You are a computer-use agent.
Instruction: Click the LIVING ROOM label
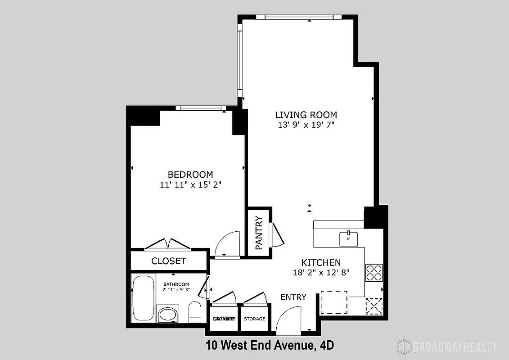click(x=306, y=115)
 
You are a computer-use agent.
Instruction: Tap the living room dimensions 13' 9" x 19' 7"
click(x=306, y=125)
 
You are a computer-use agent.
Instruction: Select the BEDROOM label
click(x=190, y=174)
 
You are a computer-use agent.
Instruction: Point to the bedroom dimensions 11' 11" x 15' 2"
click(x=190, y=184)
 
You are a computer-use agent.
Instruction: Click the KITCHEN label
click(x=321, y=262)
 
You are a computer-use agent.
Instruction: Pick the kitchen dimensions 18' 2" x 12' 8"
click(x=321, y=272)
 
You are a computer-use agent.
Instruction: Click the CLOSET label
click(x=168, y=261)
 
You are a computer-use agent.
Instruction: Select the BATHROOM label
click(x=176, y=284)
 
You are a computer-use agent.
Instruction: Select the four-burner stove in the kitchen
click(x=374, y=272)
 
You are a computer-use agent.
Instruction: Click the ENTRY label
click(x=293, y=297)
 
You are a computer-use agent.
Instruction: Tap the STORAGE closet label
click(x=254, y=319)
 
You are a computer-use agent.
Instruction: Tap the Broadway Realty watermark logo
click(x=447, y=346)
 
